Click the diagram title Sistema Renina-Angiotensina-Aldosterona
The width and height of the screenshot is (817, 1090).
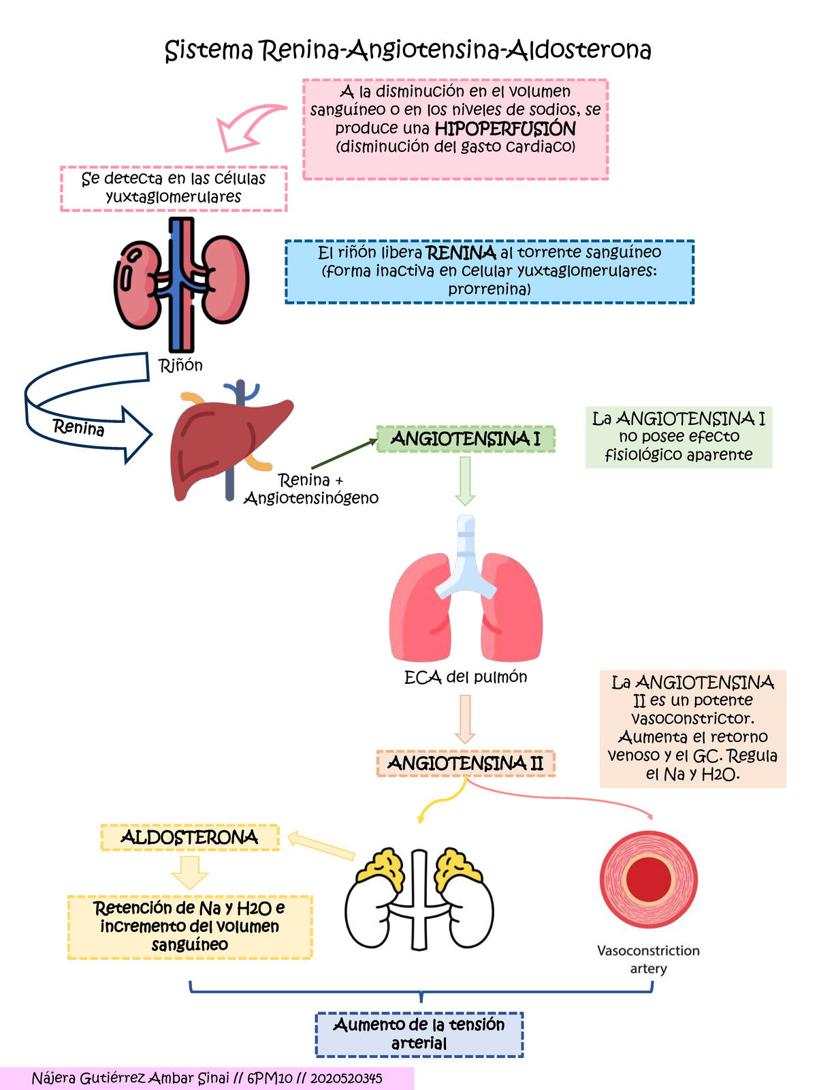(x=408, y=50)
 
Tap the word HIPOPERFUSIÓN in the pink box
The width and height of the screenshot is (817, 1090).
(x=505, y=129)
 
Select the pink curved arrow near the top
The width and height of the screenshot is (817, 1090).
(x=245, y=126)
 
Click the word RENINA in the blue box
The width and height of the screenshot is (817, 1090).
(x=460, y=253)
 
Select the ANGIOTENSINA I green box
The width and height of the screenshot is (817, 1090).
(x=466, y=439)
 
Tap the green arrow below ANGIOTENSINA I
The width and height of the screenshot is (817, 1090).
(x=465, y=481)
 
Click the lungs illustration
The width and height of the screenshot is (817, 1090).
(x=466, y=599)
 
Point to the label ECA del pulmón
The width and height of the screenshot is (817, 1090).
(x=466, y=677)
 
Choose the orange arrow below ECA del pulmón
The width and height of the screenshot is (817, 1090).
(x=465, y=719)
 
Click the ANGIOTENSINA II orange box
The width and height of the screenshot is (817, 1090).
(x=466, y=764)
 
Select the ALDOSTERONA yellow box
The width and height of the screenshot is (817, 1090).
(x=190, y=837)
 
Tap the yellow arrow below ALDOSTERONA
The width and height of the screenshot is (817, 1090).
(x=189, y=872)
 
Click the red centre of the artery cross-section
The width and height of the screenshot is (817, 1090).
(x=648, y=879)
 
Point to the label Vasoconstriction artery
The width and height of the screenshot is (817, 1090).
(x=648, y=959)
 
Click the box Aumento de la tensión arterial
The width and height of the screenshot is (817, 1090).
(x=419, y=1034)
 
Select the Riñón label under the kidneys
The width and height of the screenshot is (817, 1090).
(x=180, y=366)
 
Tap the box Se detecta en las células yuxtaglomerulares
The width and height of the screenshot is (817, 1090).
(x=174, y=188)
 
